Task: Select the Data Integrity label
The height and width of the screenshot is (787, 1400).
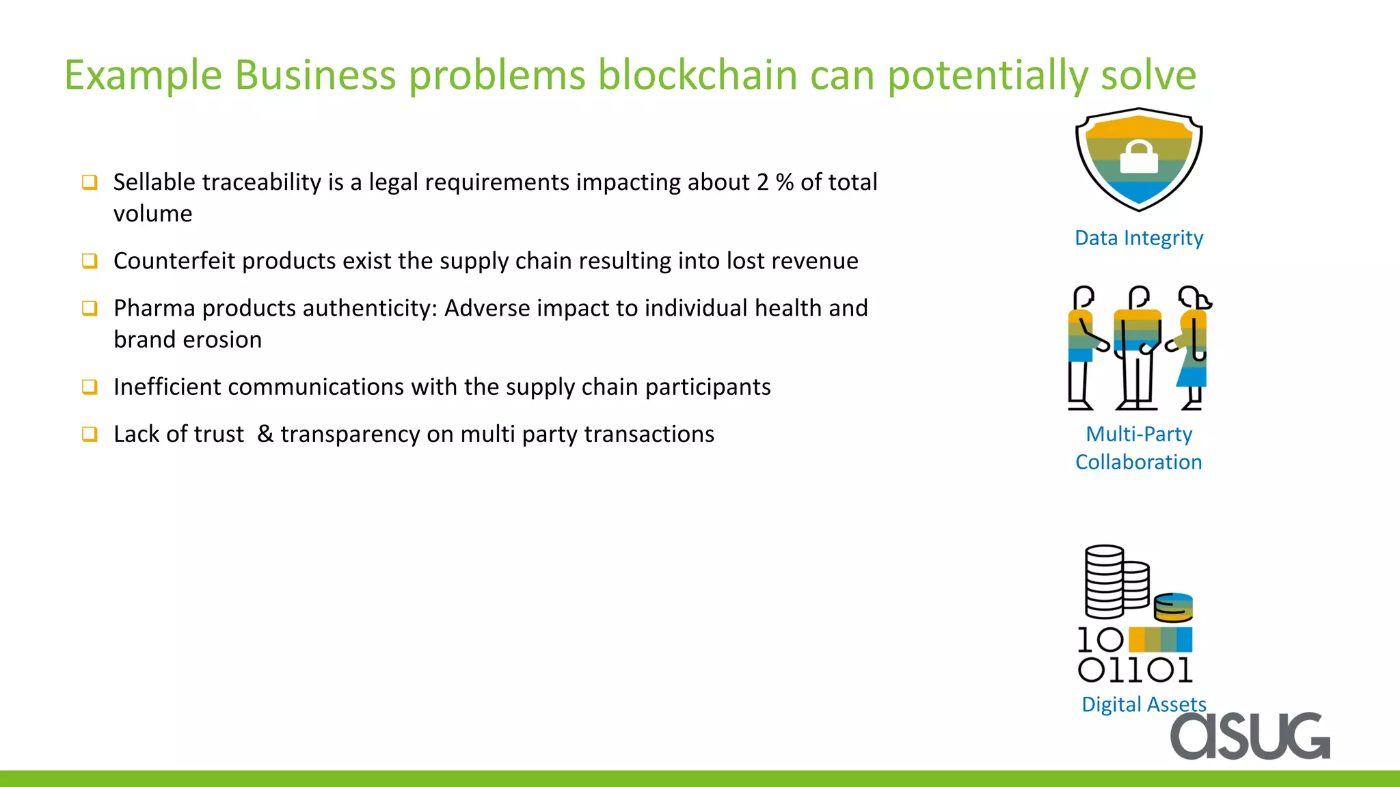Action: pos(1139,238)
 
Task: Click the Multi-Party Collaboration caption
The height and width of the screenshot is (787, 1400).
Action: pos(1139,447)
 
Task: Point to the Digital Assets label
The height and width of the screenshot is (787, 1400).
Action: pos(1143,704)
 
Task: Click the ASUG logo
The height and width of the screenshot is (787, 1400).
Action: pos(1250,736)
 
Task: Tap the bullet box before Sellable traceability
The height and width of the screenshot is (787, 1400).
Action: pos(90,182)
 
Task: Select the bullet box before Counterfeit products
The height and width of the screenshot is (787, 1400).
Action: pos(90,260)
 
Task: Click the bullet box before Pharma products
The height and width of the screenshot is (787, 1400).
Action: pos(90,307)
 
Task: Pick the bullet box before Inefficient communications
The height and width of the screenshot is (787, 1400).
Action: pos(90,387)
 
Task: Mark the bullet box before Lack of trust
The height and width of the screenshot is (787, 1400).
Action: pos(90,434)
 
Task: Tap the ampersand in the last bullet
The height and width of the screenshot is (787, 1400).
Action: pos(265,434)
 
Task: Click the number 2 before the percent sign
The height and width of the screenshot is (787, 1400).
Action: pos(762,182)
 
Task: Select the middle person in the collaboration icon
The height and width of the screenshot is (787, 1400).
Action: pos(1137,348)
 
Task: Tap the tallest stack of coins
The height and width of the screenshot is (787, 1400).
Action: pos(1104,581)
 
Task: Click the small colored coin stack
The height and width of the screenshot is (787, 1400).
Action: pos(1173,607)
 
